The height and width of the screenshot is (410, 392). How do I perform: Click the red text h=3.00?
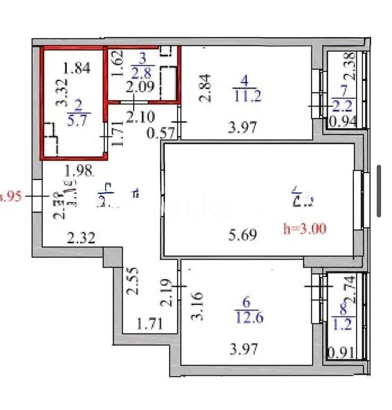[304, 229]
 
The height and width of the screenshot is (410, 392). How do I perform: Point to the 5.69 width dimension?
[242, 235]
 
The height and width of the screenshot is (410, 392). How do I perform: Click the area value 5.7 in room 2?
[79, 121]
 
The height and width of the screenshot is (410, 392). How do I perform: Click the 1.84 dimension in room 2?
[77, 68]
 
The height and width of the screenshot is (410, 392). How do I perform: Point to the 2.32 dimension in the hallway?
[81, 237]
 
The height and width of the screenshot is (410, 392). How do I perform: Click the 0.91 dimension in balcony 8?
[341, 352]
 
